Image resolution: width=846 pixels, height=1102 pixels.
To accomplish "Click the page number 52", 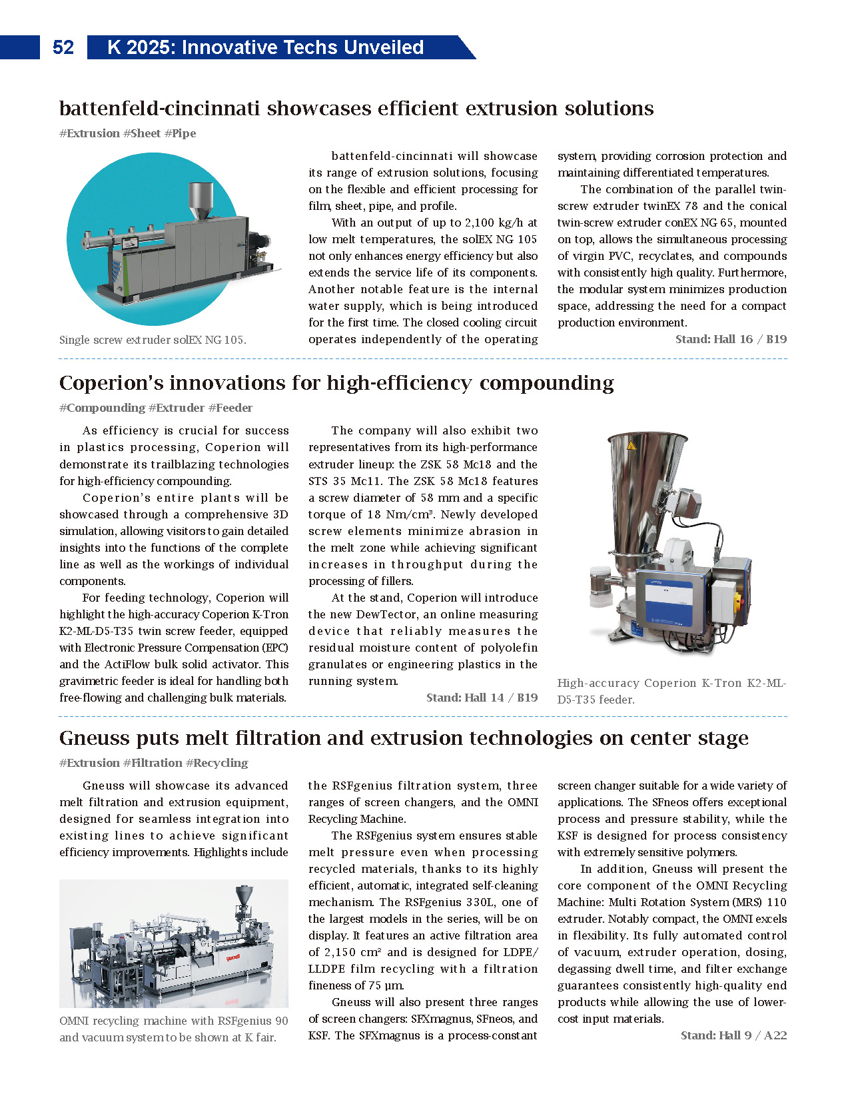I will pos(63,47).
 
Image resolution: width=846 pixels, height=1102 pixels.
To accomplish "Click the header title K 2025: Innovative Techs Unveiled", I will pos(265,47).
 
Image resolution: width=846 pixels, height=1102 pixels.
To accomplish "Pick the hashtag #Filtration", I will pos(153,763).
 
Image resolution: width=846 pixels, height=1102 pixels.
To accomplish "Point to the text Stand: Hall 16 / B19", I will pos(731,339).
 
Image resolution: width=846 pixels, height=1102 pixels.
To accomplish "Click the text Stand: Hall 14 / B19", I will pos(482,698).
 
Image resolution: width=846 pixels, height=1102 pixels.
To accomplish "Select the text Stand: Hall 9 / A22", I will pos(733,1035).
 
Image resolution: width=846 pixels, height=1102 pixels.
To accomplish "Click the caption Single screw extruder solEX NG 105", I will pos(153,340).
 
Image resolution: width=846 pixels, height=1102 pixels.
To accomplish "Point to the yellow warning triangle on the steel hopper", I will pos(631,444).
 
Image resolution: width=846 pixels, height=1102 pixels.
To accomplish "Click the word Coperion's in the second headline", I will pos(109,383).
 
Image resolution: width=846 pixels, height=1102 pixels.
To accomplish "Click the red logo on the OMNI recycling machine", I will pos(232,958).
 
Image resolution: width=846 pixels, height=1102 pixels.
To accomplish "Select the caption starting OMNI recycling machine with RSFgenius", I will pos(173,1029).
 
